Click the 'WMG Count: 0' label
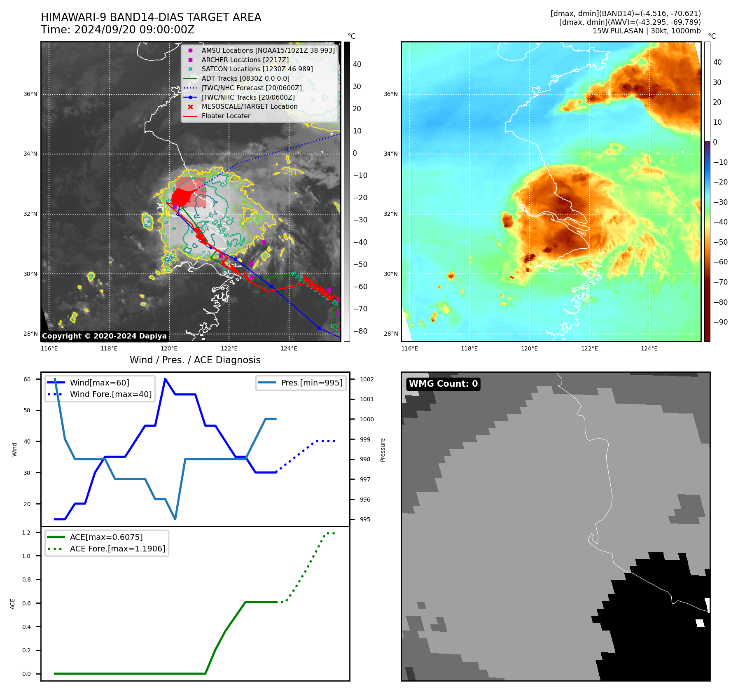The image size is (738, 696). coord(443,384)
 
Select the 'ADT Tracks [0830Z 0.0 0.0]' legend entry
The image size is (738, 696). coord(245,78)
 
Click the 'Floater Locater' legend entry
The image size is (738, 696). coord(226,116)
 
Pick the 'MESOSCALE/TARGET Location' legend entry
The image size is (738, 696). coord(249,107)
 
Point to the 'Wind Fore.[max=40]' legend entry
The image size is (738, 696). coord(110,394)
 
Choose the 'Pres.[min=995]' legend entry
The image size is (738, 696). coord(311,383)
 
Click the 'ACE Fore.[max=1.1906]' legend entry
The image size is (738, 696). coord(117,549)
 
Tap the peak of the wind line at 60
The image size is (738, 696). coord(165,379)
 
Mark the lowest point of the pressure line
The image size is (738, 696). coord(175,519)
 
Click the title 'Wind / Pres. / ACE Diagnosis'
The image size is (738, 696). coord(195,360)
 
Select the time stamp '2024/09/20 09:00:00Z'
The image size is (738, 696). coord(134,30)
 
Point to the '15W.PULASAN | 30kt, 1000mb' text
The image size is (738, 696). coord(647,31)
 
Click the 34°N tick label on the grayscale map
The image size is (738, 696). coord(30,154)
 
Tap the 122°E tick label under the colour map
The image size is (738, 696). coord(589,348)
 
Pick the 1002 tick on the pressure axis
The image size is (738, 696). coord(367,379)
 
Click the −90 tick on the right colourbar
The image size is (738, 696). coord(720,322)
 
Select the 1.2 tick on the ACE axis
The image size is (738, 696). coord(26,533)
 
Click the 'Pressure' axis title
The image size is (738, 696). coord(383,450)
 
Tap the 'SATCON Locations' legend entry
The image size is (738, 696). coord(257,69)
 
